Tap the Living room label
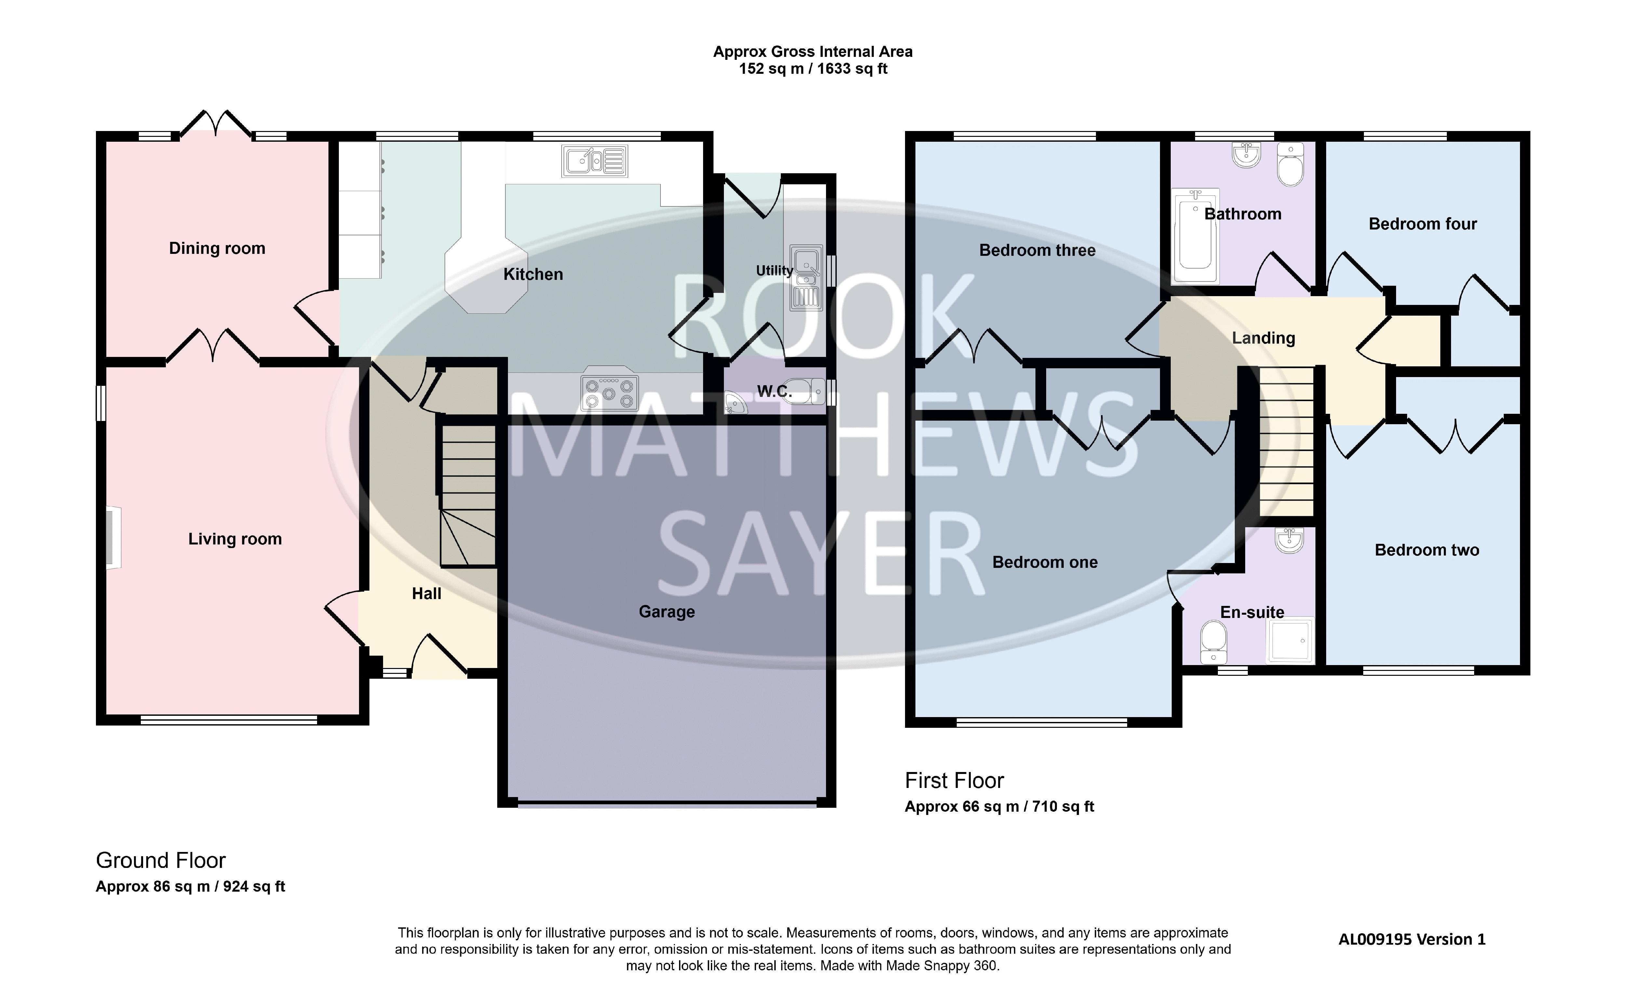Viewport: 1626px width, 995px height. pos(235,539)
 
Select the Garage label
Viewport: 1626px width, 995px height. pos(667,612)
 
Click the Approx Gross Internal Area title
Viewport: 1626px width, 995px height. pos(813,51)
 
